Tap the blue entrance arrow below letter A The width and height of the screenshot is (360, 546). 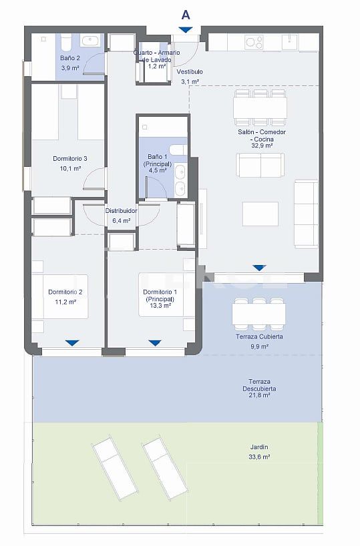pos(185,30)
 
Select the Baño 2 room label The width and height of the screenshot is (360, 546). pos(70,59)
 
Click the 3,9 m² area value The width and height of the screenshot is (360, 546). pos(70,68)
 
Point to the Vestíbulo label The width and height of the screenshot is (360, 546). pos(190,71)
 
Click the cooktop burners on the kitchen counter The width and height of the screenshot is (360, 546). pos(254,42)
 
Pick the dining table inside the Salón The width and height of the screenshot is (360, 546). pos(260,107)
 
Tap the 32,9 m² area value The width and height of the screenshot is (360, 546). pos(260,145)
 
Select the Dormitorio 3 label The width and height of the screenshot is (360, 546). pos(70,159)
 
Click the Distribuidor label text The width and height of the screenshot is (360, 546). pos(121,211)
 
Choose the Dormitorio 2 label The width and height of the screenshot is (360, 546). pos(65,292)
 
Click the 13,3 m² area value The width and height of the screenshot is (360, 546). pos(160,308)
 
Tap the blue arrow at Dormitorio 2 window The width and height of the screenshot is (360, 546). pos(72,343)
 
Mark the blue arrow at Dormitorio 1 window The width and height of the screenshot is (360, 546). pos(154,343)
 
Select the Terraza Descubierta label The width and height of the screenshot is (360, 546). pos(260,385)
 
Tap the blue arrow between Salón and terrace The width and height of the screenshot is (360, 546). pos(259,268)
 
